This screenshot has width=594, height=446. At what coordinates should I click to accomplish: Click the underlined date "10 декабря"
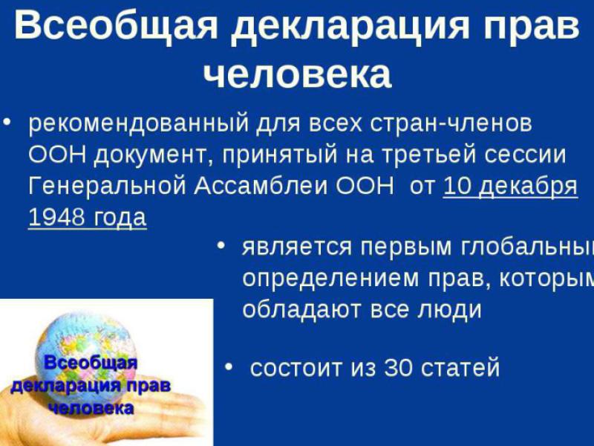pos(510,186)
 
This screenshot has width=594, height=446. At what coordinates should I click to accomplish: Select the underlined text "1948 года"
pos(87,218)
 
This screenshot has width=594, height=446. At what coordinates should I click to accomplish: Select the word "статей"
pos(463,368)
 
